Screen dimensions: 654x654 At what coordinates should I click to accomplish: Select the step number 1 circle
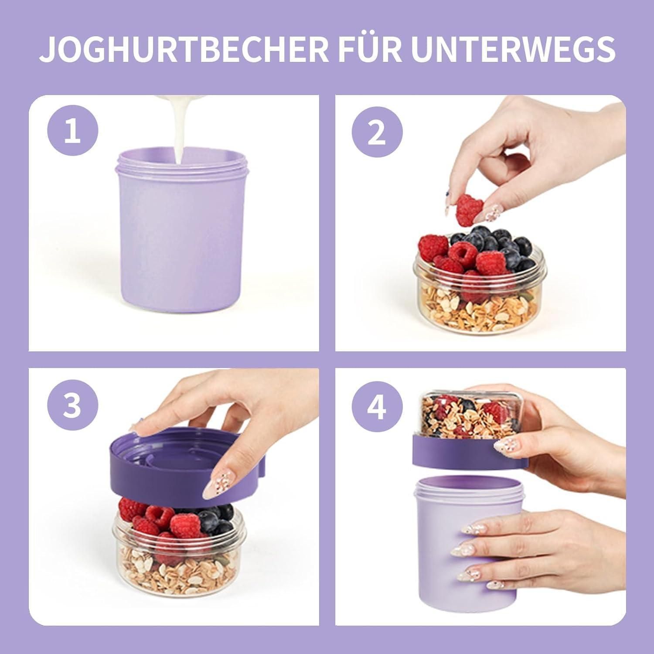[73, 131]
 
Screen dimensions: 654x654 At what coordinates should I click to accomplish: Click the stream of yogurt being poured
[180, 131]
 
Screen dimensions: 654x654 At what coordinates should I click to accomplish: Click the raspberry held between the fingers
[469, 210]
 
